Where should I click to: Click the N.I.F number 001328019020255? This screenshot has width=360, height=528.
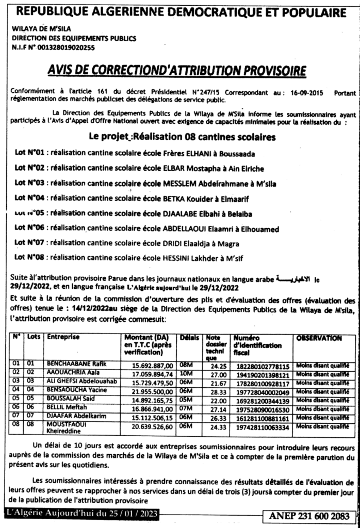[69, 47]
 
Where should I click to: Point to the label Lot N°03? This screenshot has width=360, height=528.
[31, 183]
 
